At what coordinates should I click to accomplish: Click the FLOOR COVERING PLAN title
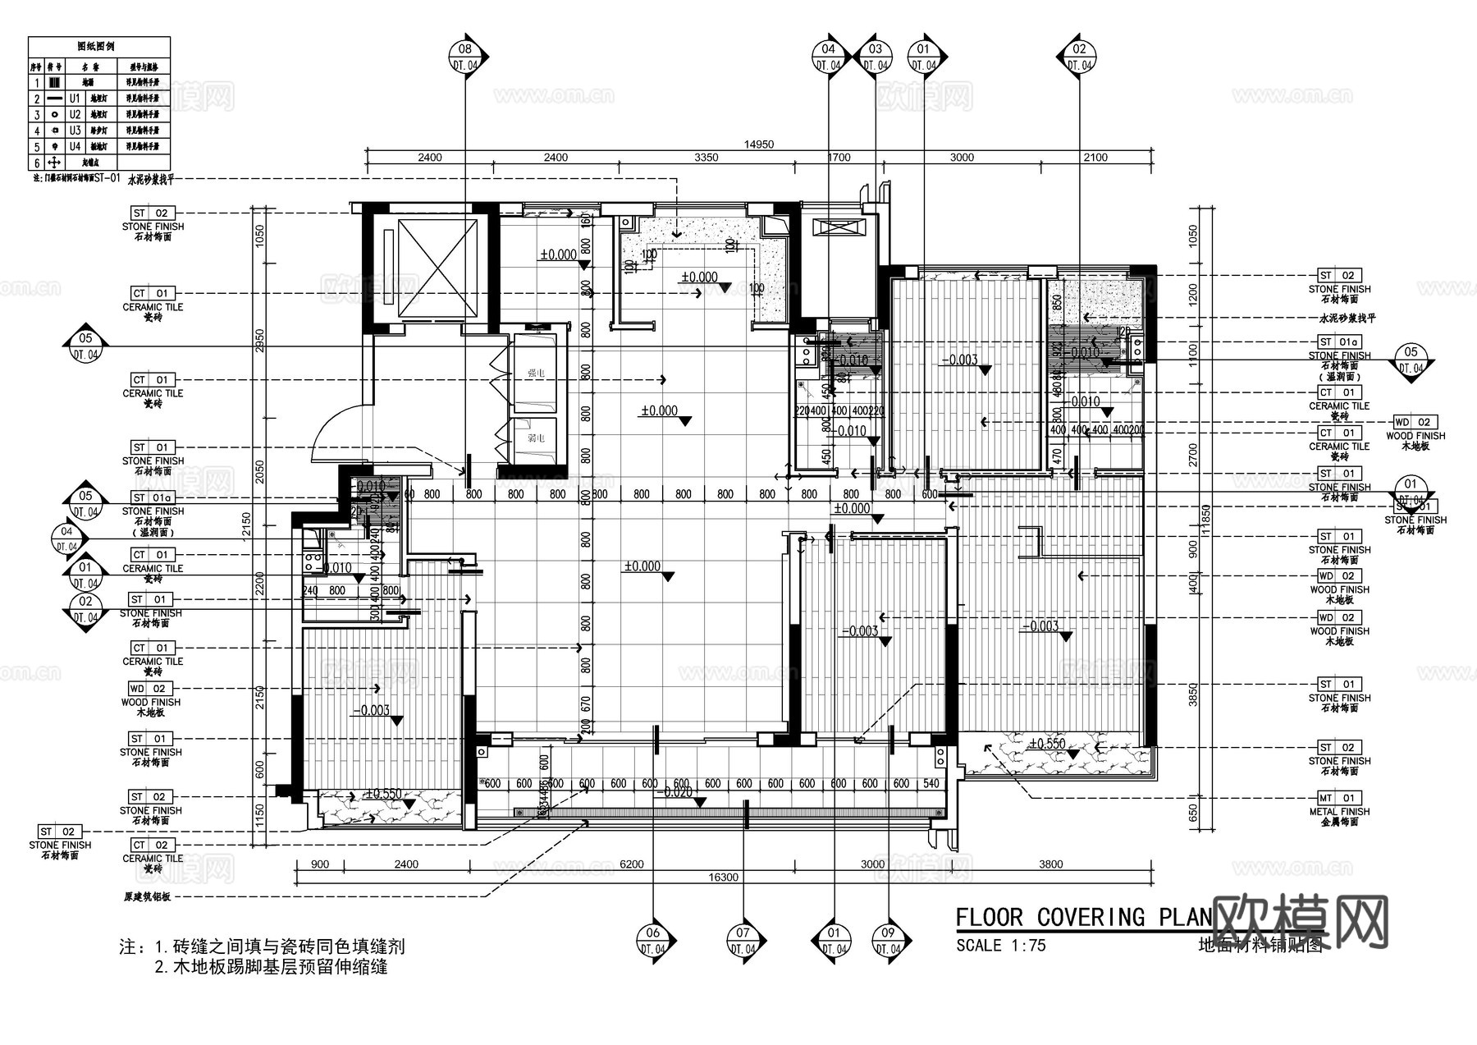[x=1083, y=917]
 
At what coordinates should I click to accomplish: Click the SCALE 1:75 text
[x=1000, y=946]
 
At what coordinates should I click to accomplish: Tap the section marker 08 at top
[x=466, y=57]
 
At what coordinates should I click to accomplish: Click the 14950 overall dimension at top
[x=758, y=144]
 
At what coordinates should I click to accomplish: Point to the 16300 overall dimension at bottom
[x=723, y=878]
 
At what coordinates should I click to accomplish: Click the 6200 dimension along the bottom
[x=632, y=864]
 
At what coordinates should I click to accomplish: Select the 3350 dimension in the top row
[x=706, y=158]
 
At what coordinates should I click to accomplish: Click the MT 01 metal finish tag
[x=1339, y=798]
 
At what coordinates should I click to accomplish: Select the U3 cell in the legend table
[x=75, y=131]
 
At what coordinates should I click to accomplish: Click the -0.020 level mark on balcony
[x=677, y=793]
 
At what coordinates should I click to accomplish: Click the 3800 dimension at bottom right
[x=1050, y=864]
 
